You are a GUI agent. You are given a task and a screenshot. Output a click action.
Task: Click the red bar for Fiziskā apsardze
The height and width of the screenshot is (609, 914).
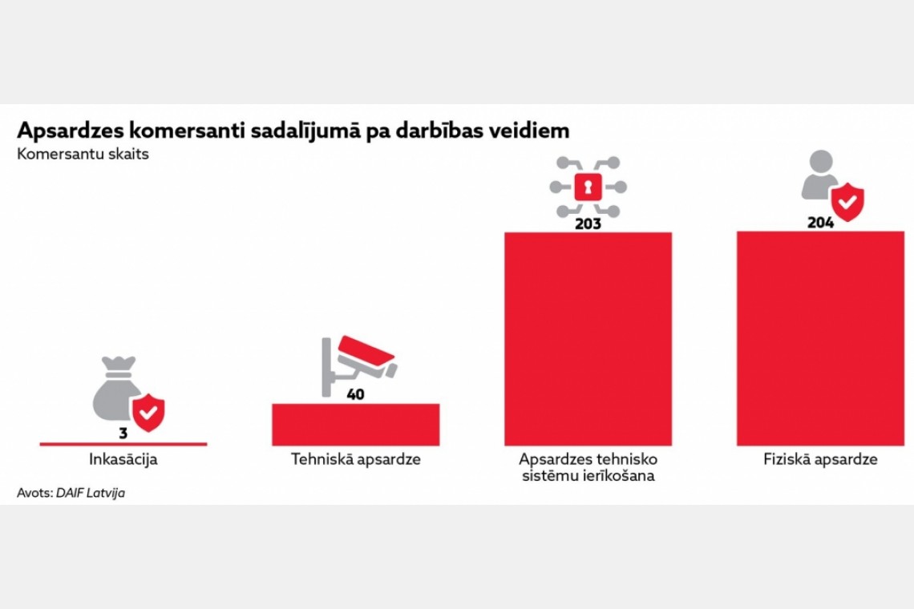pyautogui.click(x=820, y=338)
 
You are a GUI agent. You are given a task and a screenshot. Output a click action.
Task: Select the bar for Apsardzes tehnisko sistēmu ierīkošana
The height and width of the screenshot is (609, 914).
pyautogui.click(x=588, y=338)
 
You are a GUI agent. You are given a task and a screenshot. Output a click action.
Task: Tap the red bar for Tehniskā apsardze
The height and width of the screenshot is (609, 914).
pyautogui.click(x=355, y=424)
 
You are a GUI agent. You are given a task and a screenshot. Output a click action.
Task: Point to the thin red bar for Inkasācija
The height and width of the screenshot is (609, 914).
pyautogui.click(x=123, y=443)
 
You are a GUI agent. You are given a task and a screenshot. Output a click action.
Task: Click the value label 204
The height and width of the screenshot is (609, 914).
pyautogui.click(x=820, y=223)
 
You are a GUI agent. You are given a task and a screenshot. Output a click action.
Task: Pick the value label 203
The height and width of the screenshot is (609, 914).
pyautogui.click(x=588, y=224)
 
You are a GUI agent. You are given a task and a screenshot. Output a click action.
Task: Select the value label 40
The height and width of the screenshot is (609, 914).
pyautogui.click(x=355, y=394)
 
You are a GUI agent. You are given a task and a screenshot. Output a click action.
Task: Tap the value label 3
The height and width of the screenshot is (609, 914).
pyautogui.click(x=123, y=434)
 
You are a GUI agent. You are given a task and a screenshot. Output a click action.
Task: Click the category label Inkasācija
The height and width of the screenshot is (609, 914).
pyautogui.click(x=123, y=460)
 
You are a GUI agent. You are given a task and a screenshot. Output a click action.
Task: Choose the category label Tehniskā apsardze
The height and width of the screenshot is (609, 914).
pyautogui.click(x=355, y=460)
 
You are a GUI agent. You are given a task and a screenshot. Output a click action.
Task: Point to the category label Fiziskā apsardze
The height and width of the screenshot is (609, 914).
pyautogui.click(x=820, y=460)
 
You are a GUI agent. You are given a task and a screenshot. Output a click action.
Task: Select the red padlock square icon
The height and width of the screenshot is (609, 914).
pyautogui.click(x=588, y=188)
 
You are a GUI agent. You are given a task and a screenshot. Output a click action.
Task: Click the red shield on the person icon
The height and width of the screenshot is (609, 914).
pyautogui.click(x=847, y=201)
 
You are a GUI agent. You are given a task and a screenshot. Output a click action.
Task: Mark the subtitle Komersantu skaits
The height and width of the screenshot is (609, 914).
pyautogui.click(x=83, y=155)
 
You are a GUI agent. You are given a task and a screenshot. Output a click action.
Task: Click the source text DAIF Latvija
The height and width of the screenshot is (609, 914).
pyautogui.click(x=90, y=494)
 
